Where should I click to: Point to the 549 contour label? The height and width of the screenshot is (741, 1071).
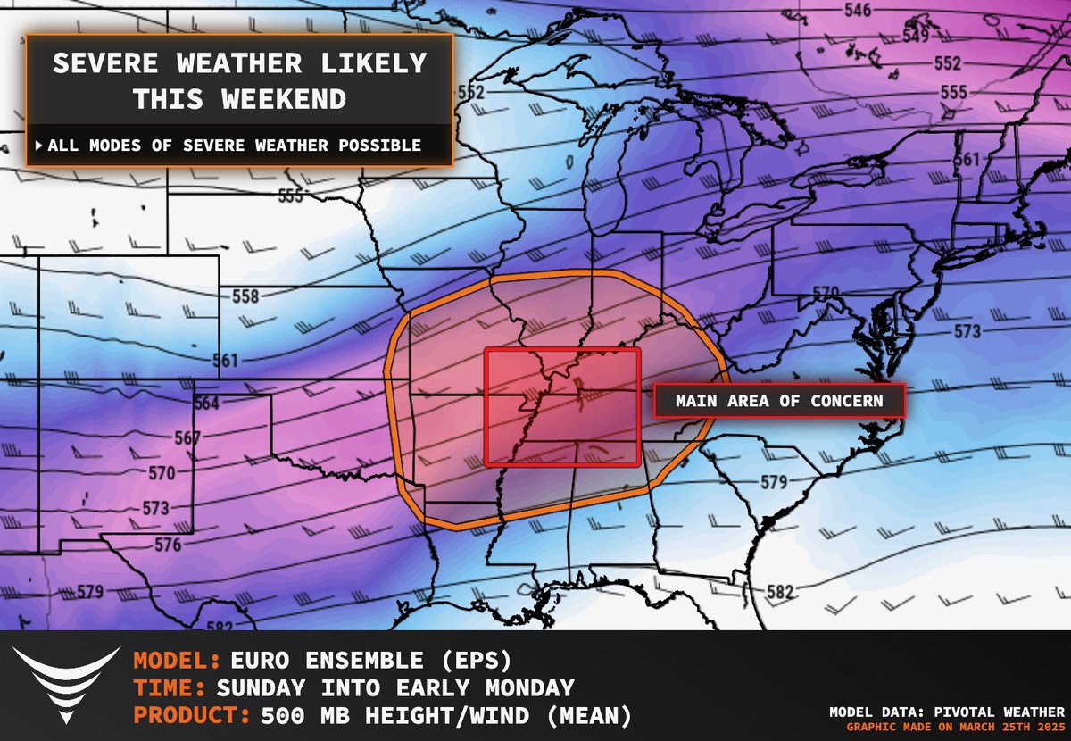pyautogui.click(x=916, y=37)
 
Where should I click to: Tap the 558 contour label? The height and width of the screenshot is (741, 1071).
pyautogui.click(x=245, y=296)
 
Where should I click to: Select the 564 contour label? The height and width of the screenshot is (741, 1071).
pyautogui.click(x=206, y=404)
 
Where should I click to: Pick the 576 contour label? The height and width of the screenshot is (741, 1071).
pyautogui.click(x=167, y=545)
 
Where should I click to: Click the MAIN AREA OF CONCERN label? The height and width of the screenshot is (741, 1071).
pyautogui.click(x=779, y=401)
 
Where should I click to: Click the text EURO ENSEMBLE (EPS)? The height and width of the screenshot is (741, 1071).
pyautogui.click(x=370, y=662)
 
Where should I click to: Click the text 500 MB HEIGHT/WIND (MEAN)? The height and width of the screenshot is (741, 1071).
pyautogui.click(x=446, y=715)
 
